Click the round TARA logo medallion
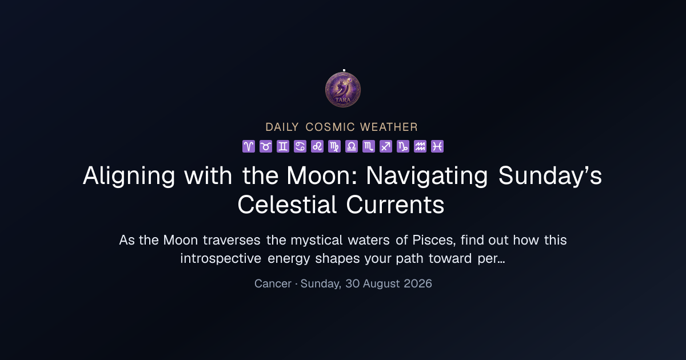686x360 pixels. pos(343,90)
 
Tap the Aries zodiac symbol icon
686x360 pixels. pos(249,146)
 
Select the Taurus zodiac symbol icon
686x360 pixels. pos(266,146)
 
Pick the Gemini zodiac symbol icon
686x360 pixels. pos(283,146)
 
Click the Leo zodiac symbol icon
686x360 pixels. pos(317,146)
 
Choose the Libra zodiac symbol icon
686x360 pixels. pos(352,146)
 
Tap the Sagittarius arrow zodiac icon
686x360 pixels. pos(386,146)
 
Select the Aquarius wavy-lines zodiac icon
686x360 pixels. pos(420,146)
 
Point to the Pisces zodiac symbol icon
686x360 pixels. pos(437,146)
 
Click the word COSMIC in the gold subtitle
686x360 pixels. pos(330,127)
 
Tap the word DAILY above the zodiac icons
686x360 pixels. pos(282,127)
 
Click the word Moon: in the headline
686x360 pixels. pos(322,176)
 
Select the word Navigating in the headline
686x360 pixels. pos(427,177)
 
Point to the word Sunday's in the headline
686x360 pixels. pos(550,176)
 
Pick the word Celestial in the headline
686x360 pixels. pos(287,205)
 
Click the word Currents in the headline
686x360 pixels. pos(396,205)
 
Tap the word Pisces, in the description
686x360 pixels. pos(434,241)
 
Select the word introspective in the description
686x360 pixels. pos(221,259)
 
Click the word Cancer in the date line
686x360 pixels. pos(273,284)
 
